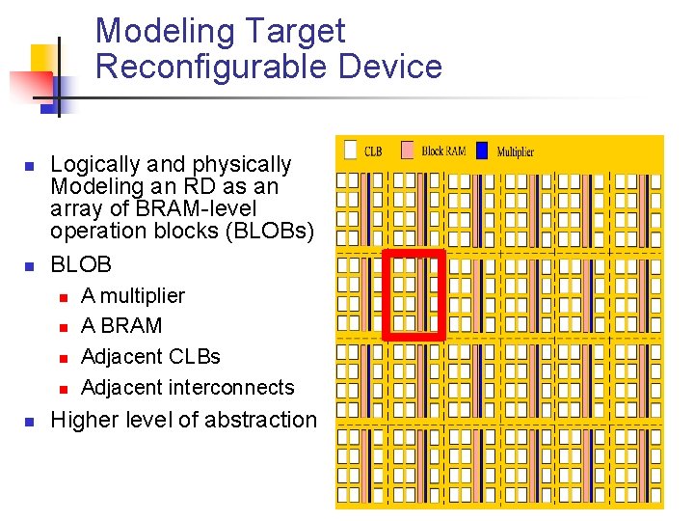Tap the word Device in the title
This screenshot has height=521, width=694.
(390, 67)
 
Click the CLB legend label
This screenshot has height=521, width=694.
(373, 151)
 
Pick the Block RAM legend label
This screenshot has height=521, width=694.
(444, 151)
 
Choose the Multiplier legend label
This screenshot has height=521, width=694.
(516, 151)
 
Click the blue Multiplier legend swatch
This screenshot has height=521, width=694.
(483, 151)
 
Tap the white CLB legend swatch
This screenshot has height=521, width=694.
(351, 151)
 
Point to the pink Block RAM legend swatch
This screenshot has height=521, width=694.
(408, 151)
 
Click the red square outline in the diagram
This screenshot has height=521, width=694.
(414, 253)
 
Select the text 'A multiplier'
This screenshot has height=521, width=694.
(133, 295)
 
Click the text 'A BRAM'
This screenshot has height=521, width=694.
(121, 326)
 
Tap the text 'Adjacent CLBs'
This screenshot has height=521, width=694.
(150, 357)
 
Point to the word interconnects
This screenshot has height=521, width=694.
(242, 388)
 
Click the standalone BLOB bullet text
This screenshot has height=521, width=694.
(81, 264)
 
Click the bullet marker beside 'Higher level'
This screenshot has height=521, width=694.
(29, 422)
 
